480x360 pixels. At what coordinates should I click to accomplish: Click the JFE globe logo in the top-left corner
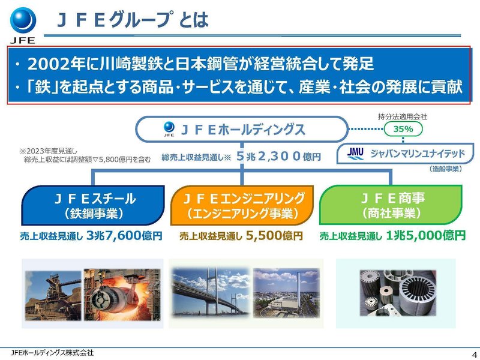coord(22,19)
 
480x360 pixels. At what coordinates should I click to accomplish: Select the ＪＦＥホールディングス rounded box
coord(241,129)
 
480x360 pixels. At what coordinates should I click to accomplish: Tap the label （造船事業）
coord(445,169)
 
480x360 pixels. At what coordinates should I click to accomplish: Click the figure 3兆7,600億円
coord(125,236)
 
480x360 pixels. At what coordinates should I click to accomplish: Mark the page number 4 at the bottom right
coord(473,353)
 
